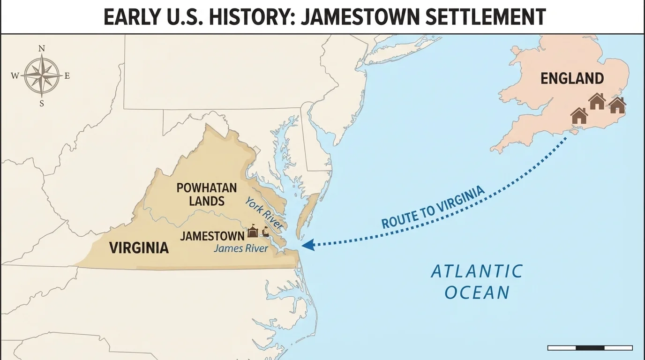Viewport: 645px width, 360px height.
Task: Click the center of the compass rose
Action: coord(42,75)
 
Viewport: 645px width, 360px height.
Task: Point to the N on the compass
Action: coord(42,49)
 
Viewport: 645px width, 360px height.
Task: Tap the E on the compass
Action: coord(67,76)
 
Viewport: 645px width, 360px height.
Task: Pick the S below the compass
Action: coord(42,104)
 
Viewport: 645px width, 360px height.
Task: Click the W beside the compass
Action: coord(15,76)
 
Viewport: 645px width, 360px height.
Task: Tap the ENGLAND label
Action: coord(572,78)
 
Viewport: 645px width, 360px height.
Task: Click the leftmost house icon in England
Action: coord(579,116)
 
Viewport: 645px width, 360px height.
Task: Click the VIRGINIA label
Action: coord(139,247)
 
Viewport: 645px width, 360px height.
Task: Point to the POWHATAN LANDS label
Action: coord(206,195)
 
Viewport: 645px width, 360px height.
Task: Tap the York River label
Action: coord(264,213)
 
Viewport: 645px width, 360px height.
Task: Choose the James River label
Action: coord(241,248)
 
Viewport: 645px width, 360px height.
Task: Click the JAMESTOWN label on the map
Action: coord(212,235)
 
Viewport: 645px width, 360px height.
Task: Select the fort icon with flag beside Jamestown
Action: coord(253,231)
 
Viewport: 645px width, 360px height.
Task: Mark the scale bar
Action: coord(590,348)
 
